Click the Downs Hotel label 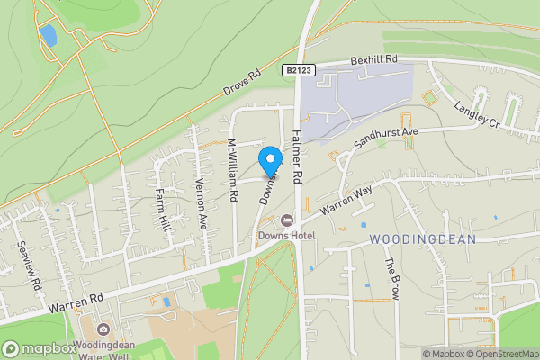pyautogui.click(x=286, y=235)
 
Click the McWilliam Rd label pyautogui.click(x=232, y=167)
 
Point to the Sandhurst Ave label pyautogui.click(x=386, y=137)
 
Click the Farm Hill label pyautogui.click(x=163, y=206)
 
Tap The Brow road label pyautogui.click(x=391, y=278)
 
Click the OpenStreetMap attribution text pyautogui.click(x=502, y=354)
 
